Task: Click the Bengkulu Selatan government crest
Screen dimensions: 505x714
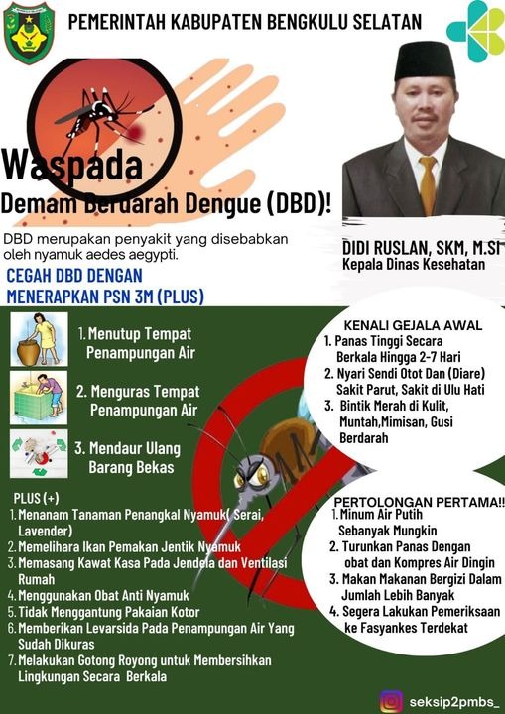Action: pyautogui.click(x=29, y=33)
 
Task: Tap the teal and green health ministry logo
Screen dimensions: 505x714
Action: pyautogui.click(x=475, y=31)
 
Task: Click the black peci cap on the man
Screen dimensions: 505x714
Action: pyautogui.click(x=425, y=61)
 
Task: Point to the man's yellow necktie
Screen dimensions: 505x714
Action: pyautogui.click(x=428, y=184)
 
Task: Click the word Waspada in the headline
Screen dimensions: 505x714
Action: pyautogui.click(x=72, y=165)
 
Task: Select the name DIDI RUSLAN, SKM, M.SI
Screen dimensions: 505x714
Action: pyautogui.click(x=421, y=248)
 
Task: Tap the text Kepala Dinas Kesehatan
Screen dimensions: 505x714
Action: pyautogui.click(x=414, y=264)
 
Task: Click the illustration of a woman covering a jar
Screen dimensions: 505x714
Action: pyautogui.click(x=40, y=339)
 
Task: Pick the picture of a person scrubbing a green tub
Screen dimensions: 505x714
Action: pyautogui.click(x=39, y=398)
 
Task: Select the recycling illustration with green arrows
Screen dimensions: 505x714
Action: pyautogui.click(x=39, y=453)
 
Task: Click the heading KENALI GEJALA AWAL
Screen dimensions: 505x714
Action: pyautogui.click(x=413, y=325)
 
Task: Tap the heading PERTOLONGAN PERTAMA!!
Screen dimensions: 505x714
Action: pyautogui.click(x=420, y=502)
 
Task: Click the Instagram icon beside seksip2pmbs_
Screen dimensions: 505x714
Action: pyautogui.click(x=392, y=701)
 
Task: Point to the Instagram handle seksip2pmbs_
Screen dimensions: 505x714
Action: pyautogui.click(x=453, y=702)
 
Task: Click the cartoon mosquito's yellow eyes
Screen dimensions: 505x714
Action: pyautogui.click(x=251, y=477)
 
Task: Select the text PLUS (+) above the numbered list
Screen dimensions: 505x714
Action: pyautogui.click(x=37, y=498)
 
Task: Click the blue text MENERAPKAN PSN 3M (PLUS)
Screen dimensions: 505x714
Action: pyautogui.click(x=105, y=297)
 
